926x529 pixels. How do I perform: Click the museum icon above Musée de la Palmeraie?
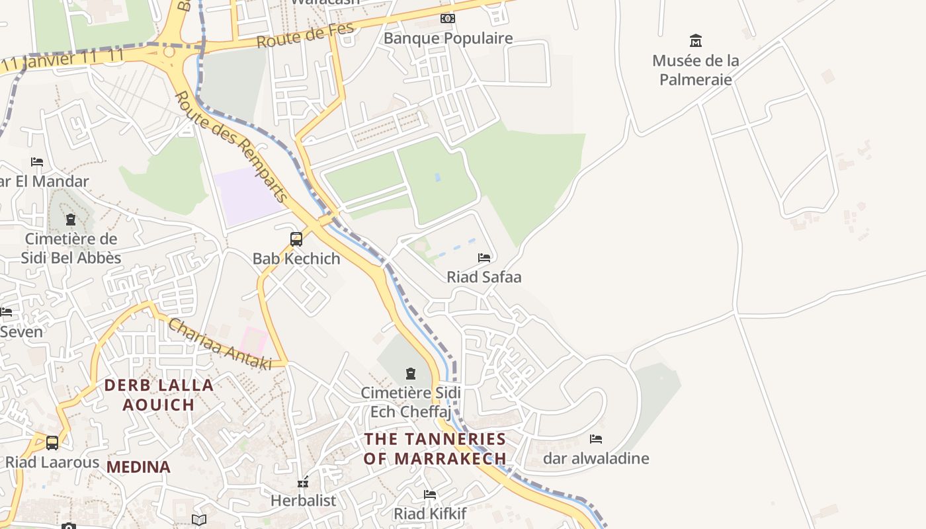pyautogui.click(x=695, y=40)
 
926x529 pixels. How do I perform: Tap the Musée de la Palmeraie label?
pyautogui.click(x=695, y=70)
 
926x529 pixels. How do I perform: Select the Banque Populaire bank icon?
pyautogui.click(x=448, y=19)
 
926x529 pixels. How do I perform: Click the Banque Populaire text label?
pyautogui.click(x=448, y=38)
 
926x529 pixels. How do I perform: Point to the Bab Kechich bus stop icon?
pyautogui.click(x=296, y=239)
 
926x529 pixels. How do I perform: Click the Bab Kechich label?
pyautogui.click(x=296, y=259)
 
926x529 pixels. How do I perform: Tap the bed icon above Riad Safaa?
pyautogui.click(x=484, y=257)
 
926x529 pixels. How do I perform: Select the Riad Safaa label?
pyautogui.click(x=484, y=277)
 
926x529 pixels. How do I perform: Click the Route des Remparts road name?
pyautogui.click(x=232, y=147)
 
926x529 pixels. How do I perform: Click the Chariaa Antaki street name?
pyautogui.click(x=220, y=345)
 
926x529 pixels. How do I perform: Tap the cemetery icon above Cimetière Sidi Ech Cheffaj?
pyautogui.click(x=411, y=374)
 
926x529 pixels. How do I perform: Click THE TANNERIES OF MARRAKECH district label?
pyautogui.click(x=435, y=448)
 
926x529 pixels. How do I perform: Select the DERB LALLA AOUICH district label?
pyautogui.click(x=159, y=395)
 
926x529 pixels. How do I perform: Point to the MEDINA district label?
pyautogui.click(x=138, y=467)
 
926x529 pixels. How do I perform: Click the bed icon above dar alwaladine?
pyautogui.click(x=596, y=438)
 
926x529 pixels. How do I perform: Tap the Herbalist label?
pyautogui.click(x=303, y=501)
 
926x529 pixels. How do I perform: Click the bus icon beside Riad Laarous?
pyautogui.click(x=52, y=442)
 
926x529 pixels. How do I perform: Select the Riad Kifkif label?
pyautogui.click(x=430, y=514)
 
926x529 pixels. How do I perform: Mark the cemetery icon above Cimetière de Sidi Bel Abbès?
pyautogui.click(x=71, y=220)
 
